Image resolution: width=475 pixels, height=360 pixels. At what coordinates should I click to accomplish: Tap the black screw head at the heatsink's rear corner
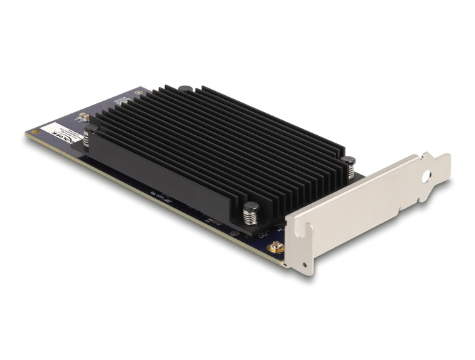pyautogui.click(x=185, y=88)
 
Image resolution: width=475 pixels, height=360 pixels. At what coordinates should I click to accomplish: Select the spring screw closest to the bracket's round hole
pyautogui.click(x=348, y=167)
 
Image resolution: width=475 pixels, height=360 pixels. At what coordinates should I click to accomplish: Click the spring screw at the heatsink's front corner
pyautogui.click(x=250, y=214)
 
